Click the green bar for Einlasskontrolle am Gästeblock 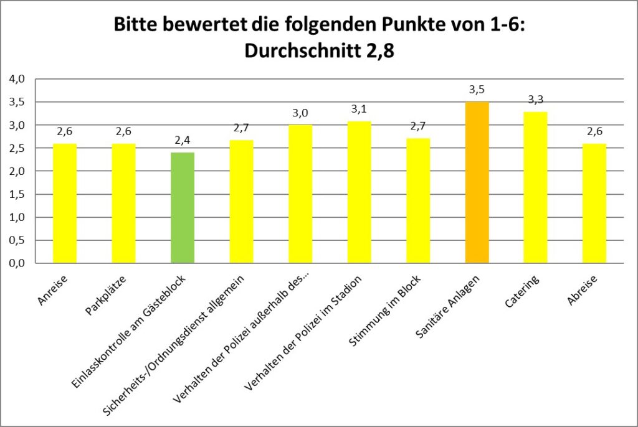(x=183, y=208)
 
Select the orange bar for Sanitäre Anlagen (x=477, y=182)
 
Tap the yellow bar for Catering (x=535, y=187)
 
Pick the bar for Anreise (x=65, y=204)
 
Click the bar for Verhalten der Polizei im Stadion (x=359, y=192)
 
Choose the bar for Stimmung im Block (x=418, y=201)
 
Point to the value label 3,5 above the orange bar (x=477, y=90)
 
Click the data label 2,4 (x=183, y=140)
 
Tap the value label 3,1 (x=359, y=109)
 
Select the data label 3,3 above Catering (x=535, y=100)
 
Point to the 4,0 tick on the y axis (x=17, y=79)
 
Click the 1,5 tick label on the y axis (x=17, y=194)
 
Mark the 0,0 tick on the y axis (x=17, y=263)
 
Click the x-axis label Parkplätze (x=106, y=295)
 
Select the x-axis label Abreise (x=583, y=290)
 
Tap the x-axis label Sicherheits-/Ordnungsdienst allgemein (x=174, y=345)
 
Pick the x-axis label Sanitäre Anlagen (x=448, y=307)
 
